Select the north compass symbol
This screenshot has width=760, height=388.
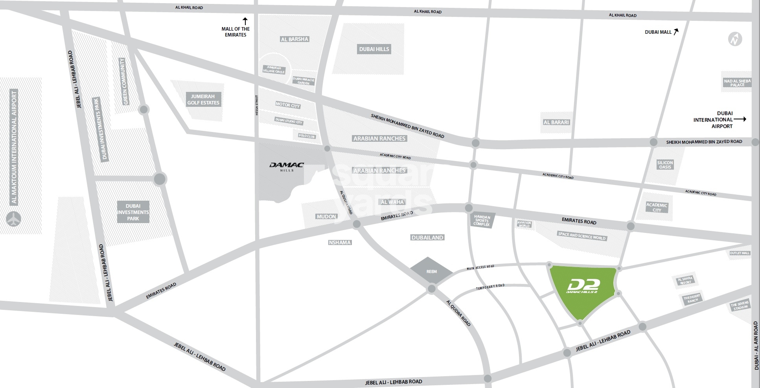click(x=734, y=39)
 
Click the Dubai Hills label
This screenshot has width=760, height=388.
click(x=374, y=49)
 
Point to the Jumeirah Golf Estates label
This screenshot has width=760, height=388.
click(x=203, y=99)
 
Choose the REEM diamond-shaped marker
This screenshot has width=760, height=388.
click(x=431, y=271)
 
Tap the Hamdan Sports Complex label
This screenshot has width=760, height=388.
click(x=482, y=220)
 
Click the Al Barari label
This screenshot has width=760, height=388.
click(x=556, y=122)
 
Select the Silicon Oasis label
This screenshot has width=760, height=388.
click(x=665, y=165)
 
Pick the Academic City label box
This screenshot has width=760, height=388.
click(x=657, y=207)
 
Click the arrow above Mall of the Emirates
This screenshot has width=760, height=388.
click(x=245, y=21)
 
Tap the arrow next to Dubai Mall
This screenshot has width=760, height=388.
click(x=676, y=32)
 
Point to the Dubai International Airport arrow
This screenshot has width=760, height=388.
click(x=740, y=119)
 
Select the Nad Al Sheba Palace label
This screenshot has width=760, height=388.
click(x=737, y=83)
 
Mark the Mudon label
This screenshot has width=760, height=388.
click(x=326, y=216)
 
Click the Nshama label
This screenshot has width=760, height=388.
click(x=340, y=242)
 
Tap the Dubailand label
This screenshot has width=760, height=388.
click(x=427, y=237)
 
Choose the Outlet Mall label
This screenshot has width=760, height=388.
click(x=740, y=253)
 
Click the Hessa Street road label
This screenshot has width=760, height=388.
click(x=257, y=105)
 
